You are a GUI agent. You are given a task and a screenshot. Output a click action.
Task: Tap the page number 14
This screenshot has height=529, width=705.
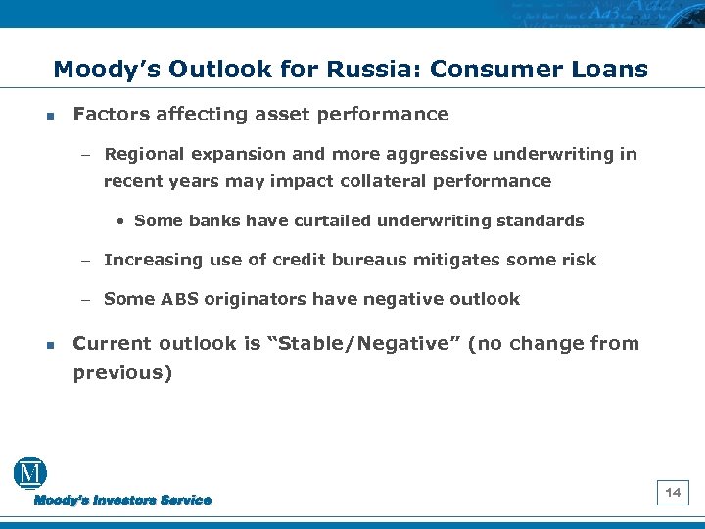pos(673,493)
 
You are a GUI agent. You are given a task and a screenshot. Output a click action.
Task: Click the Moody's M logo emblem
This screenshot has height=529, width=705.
pos(29,474)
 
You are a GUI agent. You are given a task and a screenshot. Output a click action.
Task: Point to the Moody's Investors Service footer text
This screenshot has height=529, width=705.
pos(122,501)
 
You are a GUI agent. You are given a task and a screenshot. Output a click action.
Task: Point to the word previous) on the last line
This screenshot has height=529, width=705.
pos(122,373)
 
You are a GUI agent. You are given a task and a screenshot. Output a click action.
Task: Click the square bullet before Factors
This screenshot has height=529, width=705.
pos(49,116)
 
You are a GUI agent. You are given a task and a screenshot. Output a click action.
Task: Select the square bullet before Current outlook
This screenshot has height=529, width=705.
pos(49,345)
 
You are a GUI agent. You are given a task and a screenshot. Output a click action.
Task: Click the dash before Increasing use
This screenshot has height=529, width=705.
pos(85,261)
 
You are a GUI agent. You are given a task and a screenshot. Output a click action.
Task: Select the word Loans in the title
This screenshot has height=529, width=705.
pos(609,70)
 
